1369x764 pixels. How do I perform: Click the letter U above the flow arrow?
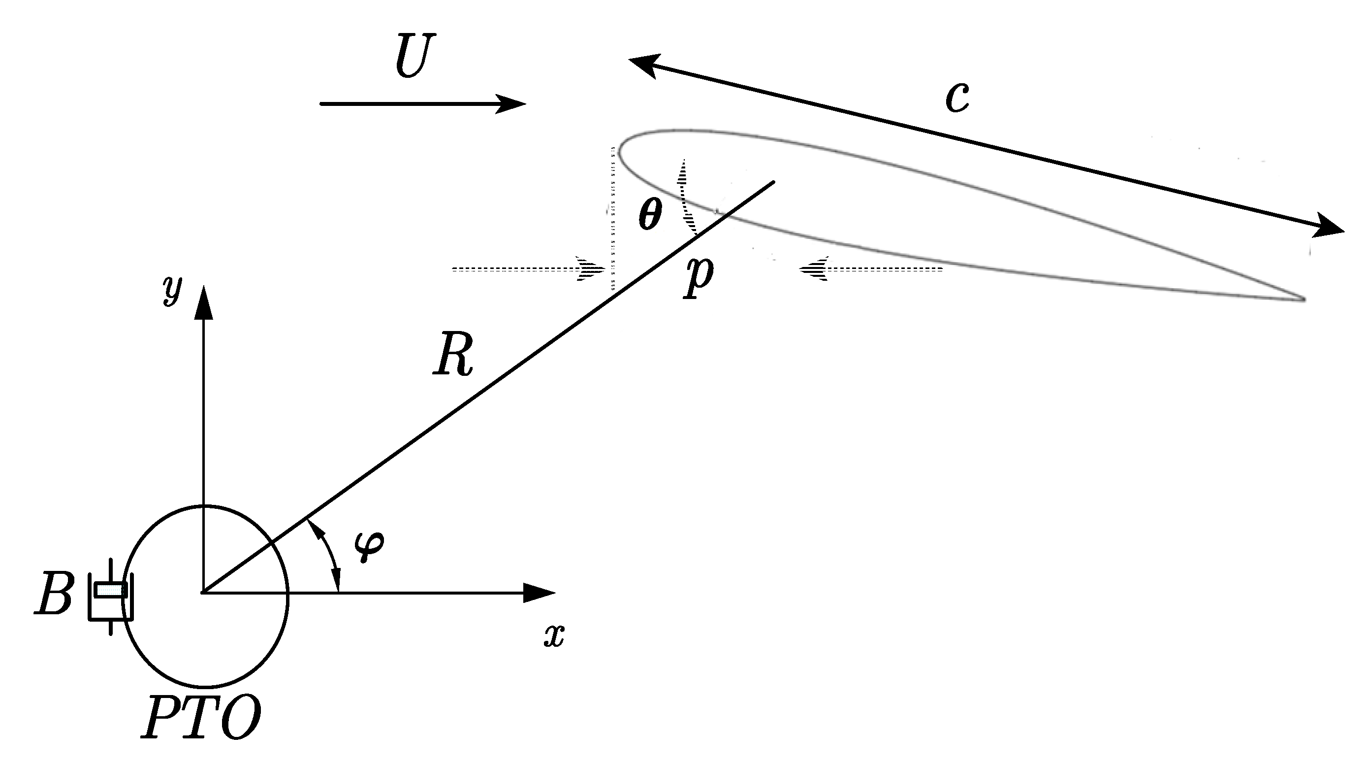click(414, 56)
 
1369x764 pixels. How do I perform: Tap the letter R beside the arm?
click(452, 355)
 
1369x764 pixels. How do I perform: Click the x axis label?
click(553, 635)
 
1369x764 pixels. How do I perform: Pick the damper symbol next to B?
click(111, 596)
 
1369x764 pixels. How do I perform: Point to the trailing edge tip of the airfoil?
click(1303, 299)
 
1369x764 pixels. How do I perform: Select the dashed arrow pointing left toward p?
click(872, 269)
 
